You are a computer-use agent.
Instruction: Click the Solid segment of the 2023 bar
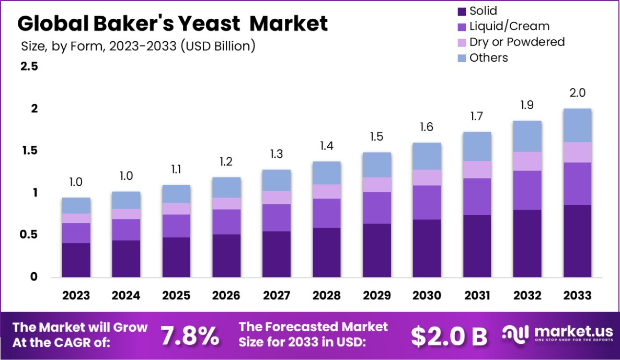click(76, 260)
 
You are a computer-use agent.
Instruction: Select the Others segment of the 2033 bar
click(577, 125)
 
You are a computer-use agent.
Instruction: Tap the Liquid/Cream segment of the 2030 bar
click(427, 202)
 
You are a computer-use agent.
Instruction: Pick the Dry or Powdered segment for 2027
click(277, 198)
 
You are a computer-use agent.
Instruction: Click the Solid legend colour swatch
click(461, 11)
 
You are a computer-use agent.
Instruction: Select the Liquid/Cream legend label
click(509, 26)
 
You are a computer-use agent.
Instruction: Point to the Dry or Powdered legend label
click(516, 42)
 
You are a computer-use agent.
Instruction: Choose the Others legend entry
click(488, 57)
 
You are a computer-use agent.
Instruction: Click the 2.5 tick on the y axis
click(29, 67)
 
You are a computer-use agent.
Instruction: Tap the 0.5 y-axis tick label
click(29, 235)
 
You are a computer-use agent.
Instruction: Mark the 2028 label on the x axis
click(327, 296)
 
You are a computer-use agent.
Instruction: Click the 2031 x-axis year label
click(477, 296)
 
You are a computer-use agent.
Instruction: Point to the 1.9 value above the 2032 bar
click(527, 105)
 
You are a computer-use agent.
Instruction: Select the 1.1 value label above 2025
click(176, 169)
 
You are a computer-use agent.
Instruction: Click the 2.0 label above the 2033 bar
click(577, 93)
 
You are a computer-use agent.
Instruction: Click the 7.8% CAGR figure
click(190, 336)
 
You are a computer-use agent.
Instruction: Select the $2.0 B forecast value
click(449, 336)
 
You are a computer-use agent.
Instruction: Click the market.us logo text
click(562, 332)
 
